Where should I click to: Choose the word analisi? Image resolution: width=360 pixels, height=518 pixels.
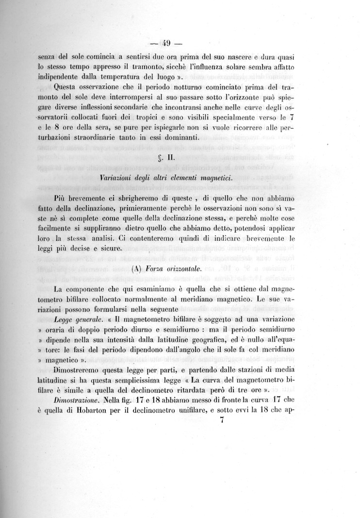click(x=111, y=238)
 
